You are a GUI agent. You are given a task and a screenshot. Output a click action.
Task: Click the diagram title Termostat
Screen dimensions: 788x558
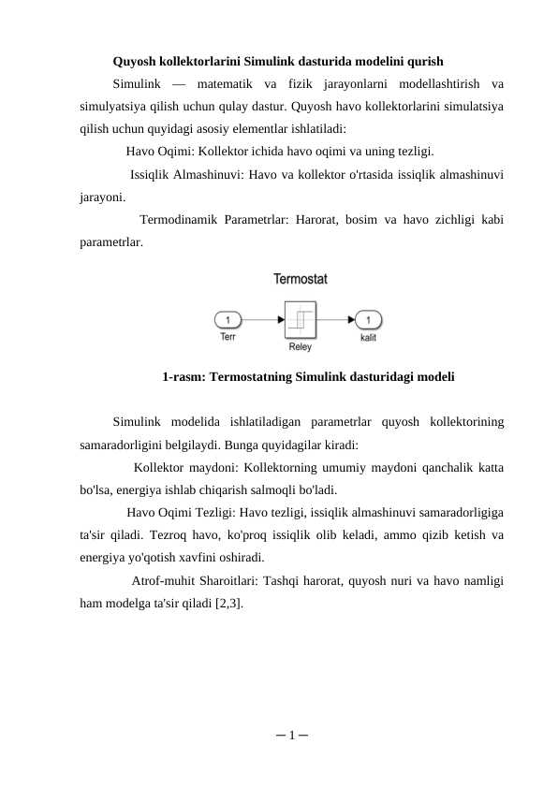(300, 278)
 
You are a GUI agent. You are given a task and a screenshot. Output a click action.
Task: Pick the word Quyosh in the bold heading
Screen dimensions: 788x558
(134, 64)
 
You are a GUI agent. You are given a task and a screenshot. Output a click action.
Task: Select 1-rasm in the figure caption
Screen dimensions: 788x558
(184, 378)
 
